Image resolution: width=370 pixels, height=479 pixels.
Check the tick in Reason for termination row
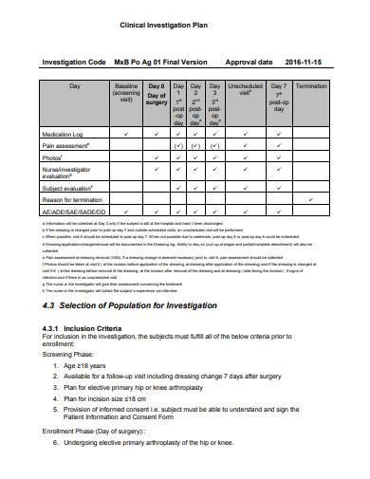(312, 200)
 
